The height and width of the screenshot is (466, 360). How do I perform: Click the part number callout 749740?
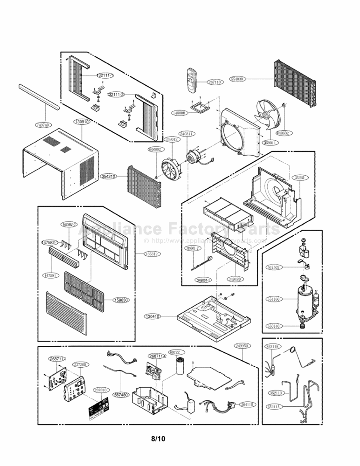point(42,125)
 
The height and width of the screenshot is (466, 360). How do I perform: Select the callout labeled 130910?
point(81,122)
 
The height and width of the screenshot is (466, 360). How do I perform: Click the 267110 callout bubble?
point(214,82)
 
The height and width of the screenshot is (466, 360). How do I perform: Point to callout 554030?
point(237,79)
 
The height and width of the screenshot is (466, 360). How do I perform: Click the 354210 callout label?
point(108,176)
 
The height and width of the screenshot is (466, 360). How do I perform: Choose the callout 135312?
point(150,254)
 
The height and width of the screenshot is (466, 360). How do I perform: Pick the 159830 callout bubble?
point(121,300)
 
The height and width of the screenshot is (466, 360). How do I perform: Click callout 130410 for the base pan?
point(152,316)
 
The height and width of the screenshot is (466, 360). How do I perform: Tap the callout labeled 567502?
point(273,267)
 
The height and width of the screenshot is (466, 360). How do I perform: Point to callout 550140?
point(273,326)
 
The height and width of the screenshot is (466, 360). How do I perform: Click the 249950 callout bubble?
point(242,346)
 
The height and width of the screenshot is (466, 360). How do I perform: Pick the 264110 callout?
point(247,405)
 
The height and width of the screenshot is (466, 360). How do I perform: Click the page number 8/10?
point(158,439)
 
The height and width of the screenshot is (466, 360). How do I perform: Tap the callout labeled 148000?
point(179,113)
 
